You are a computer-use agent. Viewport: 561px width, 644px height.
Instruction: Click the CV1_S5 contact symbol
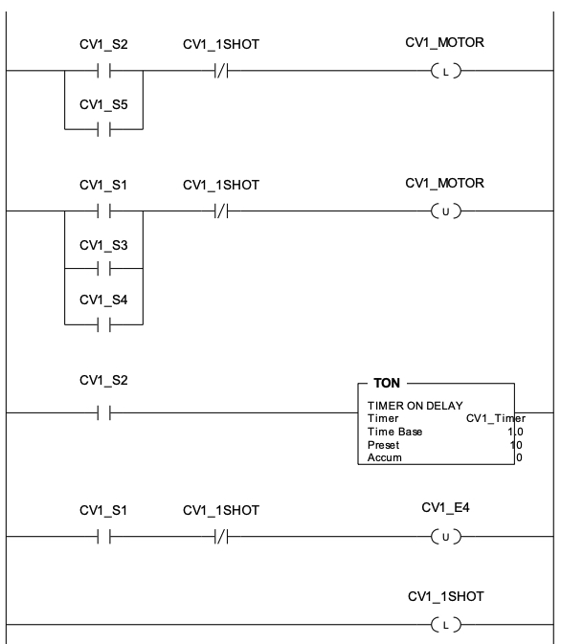(104, 129)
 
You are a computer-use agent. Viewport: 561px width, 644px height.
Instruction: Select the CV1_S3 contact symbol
(104, 269)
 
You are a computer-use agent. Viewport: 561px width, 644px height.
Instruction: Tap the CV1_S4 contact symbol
(104, 325)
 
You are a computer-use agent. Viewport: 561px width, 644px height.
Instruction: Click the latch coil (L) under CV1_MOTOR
(446, 71)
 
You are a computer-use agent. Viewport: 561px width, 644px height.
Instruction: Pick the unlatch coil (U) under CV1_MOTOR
(446, 211)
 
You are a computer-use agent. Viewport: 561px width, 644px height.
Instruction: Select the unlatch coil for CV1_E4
(446, 537)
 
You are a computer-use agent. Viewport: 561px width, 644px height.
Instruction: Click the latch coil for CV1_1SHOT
(446, 625)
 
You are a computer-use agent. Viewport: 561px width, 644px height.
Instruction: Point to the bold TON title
(387, 383)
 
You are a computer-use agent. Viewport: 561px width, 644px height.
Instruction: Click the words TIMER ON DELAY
(415, 406)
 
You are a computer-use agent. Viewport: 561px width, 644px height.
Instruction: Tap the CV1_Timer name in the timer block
(496, 418)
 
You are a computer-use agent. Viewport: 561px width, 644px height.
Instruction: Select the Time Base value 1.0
(515, 432)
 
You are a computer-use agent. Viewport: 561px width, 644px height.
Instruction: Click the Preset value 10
(516, 445)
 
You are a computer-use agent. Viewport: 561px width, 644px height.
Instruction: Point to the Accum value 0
(519, 457)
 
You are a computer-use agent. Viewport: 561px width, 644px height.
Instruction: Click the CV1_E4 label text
(445, 508)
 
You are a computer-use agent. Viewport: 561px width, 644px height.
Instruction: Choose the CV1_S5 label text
(103, 104)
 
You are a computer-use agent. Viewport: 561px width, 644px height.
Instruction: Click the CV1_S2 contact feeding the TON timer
(104, 412)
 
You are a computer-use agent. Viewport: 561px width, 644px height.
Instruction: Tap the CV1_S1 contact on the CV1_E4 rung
(104, 537)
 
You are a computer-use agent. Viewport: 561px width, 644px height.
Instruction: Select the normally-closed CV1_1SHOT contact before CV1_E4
(221, 537)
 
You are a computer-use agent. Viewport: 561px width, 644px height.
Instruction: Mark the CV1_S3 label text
(103, 245)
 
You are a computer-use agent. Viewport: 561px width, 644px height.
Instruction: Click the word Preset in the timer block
(384, 445)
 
